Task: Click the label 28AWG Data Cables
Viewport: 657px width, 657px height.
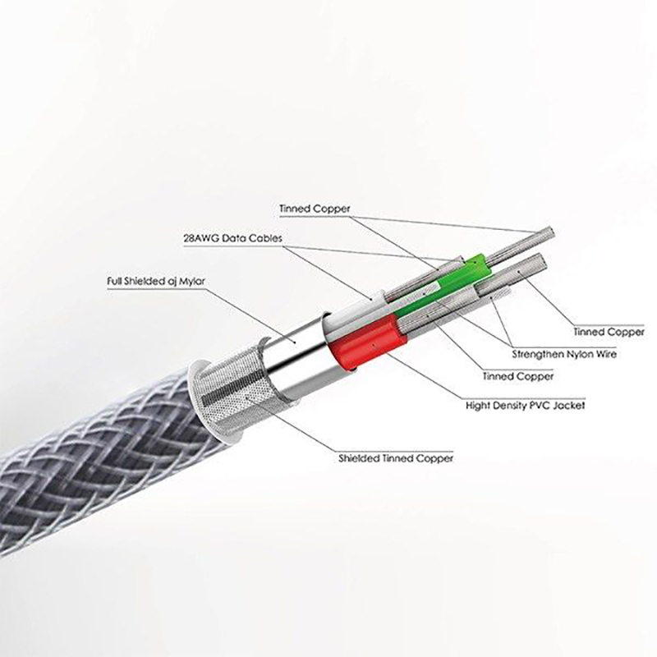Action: click(x=232, y=238)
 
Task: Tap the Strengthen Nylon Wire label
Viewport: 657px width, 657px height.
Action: click(x=563, y=355)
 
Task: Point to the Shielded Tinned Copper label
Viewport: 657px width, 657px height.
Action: click(x=396, y=458)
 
